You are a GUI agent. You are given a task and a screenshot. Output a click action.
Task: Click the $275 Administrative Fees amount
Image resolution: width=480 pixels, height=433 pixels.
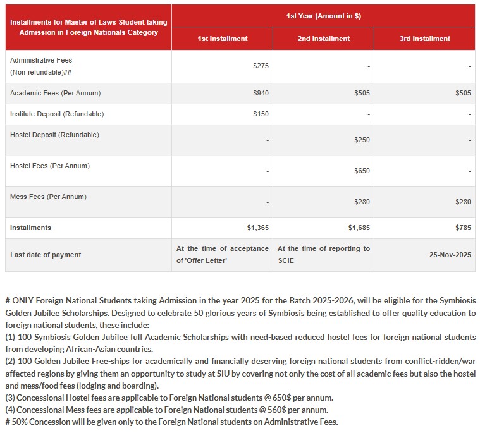pos(261,66)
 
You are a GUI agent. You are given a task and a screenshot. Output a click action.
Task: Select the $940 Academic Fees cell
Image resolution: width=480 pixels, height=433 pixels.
pos(261,94)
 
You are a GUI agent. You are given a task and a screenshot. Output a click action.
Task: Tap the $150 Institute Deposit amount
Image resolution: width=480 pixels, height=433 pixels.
pos(261,114)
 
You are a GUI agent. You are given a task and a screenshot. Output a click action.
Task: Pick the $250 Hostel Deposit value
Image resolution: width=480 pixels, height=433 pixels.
pos(362,140)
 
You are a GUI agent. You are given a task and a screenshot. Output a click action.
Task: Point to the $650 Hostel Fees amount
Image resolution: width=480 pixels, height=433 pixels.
pos(362,171)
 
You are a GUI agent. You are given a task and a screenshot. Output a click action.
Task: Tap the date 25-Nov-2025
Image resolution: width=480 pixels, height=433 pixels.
pos(450,255)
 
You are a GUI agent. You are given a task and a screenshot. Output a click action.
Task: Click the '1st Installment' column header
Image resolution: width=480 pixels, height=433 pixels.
pos(222,39)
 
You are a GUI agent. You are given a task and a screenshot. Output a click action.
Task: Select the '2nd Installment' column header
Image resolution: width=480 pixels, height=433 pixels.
pos(323,39)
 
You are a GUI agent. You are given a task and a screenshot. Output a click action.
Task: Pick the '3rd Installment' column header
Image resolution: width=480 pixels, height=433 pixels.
pos(424,39)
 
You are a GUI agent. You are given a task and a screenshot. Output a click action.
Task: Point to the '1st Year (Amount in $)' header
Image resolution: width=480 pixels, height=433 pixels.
pos(323,16)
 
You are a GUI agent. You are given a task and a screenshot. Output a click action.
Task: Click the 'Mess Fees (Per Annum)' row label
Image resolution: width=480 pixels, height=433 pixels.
pos(48,197)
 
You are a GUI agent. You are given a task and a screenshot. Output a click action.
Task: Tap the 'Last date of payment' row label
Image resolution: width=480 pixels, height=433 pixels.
pos(46,255)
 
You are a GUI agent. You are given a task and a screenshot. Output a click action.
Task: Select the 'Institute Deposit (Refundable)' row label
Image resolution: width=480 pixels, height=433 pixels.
pos(57,114)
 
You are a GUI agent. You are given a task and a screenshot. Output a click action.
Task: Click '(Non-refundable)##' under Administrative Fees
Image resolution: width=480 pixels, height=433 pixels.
pos(40,72)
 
